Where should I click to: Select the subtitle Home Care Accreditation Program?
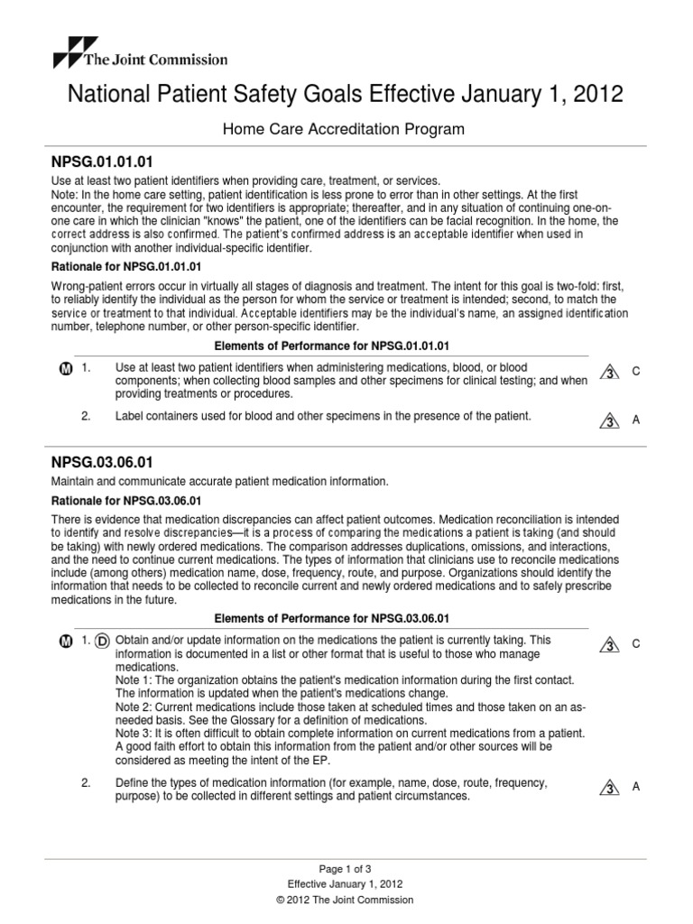344,129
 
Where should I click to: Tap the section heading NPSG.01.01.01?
98,162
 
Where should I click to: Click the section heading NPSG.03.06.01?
98,461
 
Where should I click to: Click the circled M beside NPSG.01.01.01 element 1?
65,370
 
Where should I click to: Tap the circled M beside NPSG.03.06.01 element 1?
65,641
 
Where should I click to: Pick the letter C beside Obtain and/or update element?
635,643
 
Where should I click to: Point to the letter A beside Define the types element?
635,787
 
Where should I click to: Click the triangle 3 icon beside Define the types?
610,788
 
